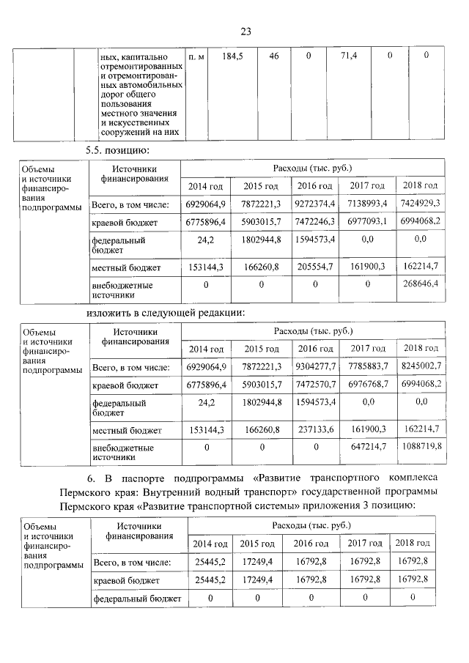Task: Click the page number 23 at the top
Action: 245,31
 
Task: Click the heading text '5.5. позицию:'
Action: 117,150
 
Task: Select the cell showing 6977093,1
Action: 367,221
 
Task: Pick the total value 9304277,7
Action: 314,366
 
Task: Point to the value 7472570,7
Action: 314,384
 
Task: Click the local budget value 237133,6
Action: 314,430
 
